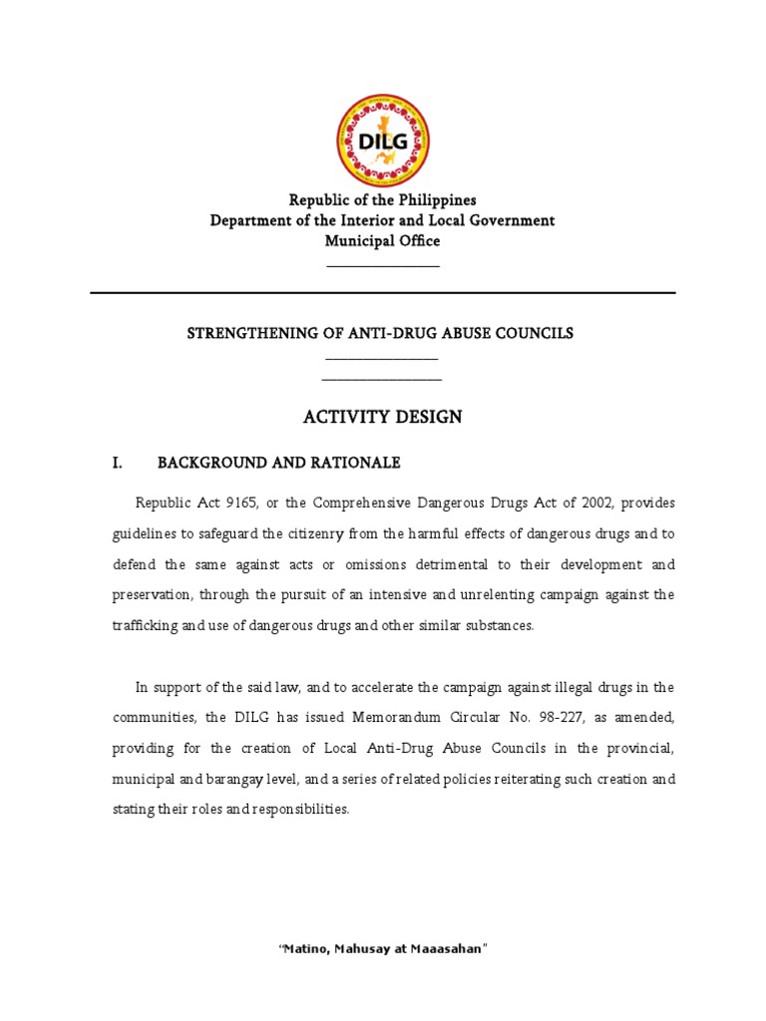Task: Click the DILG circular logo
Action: (x=383, y=142)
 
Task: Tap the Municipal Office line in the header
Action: (x=383, y=240)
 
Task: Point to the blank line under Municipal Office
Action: (x=383, y=265)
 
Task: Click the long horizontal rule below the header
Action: (x=383, y=293)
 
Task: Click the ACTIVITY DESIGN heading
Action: (x=383, y=417)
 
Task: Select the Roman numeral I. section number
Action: (x=118, y=463)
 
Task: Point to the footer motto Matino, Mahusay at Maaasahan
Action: (x=383, y=949)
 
